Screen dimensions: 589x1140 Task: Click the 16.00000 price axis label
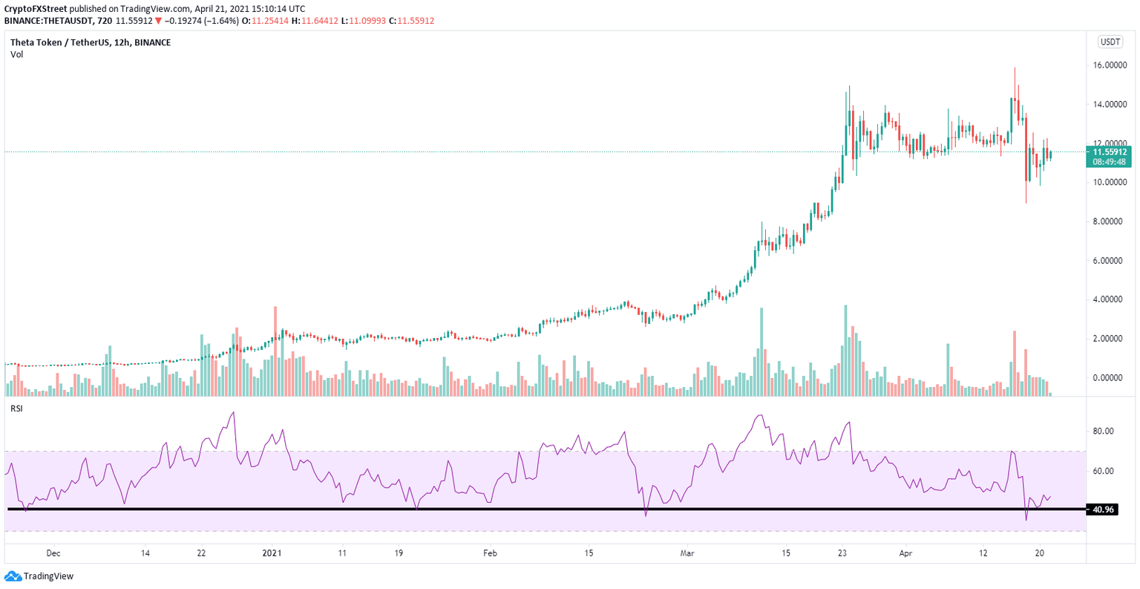click(1110, 65)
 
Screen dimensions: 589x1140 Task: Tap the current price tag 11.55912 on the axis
click(1110, 152)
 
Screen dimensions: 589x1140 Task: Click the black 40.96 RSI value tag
click(1101, 510)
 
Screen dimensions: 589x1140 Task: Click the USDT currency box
click(1110, 42)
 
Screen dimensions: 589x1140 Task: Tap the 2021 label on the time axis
click(273, 553)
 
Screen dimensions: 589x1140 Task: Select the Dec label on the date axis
click(53, 553)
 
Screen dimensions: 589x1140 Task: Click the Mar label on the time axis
click(687, 553)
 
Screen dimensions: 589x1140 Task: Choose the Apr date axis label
click(905, 553)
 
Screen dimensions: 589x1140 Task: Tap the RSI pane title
click(16, 409)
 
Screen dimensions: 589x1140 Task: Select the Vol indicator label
click(16, 54)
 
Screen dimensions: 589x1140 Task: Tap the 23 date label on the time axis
click(842, 553)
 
